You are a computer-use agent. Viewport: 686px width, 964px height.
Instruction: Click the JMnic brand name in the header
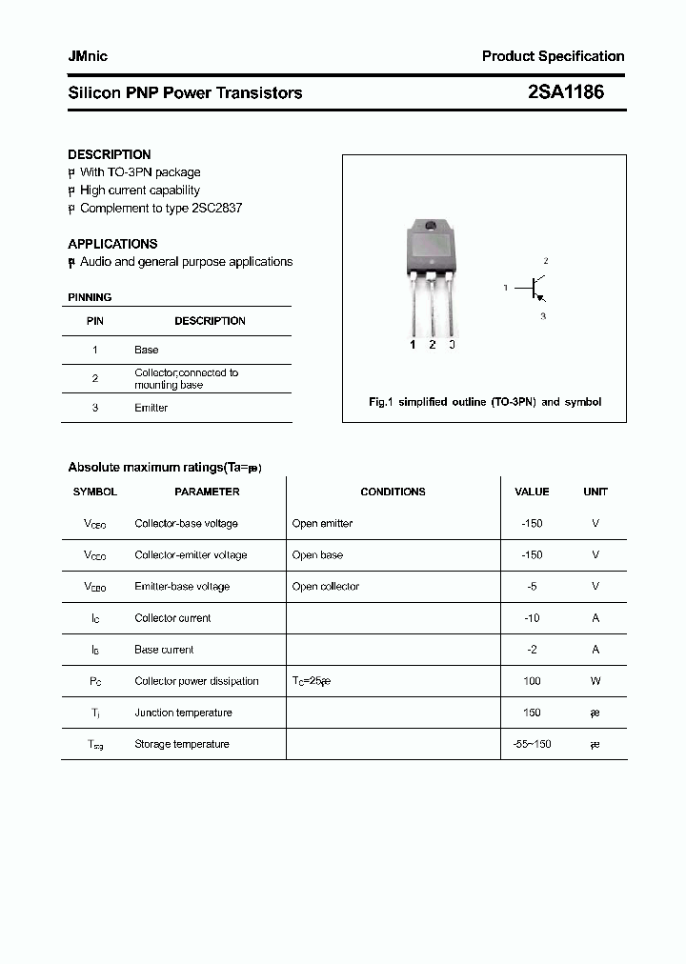coord(88,56)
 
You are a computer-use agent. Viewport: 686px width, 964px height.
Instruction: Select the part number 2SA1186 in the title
coord(565,92)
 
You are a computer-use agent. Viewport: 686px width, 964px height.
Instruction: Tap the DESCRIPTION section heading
coord(109,154)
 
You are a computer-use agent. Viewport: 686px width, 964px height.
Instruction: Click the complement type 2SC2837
coord(217,208)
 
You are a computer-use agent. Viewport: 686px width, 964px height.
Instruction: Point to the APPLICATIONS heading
coord(112,244)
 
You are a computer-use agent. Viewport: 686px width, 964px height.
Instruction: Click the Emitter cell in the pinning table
coord(151,408)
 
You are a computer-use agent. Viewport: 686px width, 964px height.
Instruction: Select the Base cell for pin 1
coord(146,351)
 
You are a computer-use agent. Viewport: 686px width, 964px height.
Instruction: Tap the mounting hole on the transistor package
coord(431,227)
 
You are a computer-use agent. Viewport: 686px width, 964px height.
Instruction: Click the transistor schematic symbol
coord(535,287)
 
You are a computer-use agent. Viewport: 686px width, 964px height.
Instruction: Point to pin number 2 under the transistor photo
coord(432,345)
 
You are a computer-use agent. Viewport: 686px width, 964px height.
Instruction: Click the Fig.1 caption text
coord(485,402)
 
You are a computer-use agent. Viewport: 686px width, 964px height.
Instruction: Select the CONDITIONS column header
coord(393,492)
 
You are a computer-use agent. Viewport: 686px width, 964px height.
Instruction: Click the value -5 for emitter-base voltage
coord(532,587)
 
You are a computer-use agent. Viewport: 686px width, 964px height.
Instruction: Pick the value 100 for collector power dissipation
coord(532,681)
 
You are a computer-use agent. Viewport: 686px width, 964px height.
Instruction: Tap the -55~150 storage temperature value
coord(532,744)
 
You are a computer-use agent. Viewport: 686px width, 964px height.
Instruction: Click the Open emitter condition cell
coord(322,524)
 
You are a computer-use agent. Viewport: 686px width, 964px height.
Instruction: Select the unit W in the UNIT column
coord(595,681)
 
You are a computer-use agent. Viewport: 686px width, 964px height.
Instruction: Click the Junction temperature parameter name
coord(183,713)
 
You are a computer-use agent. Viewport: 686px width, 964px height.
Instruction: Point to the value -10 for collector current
coord(532,618)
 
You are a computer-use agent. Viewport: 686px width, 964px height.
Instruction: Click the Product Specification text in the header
coord(553,56)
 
